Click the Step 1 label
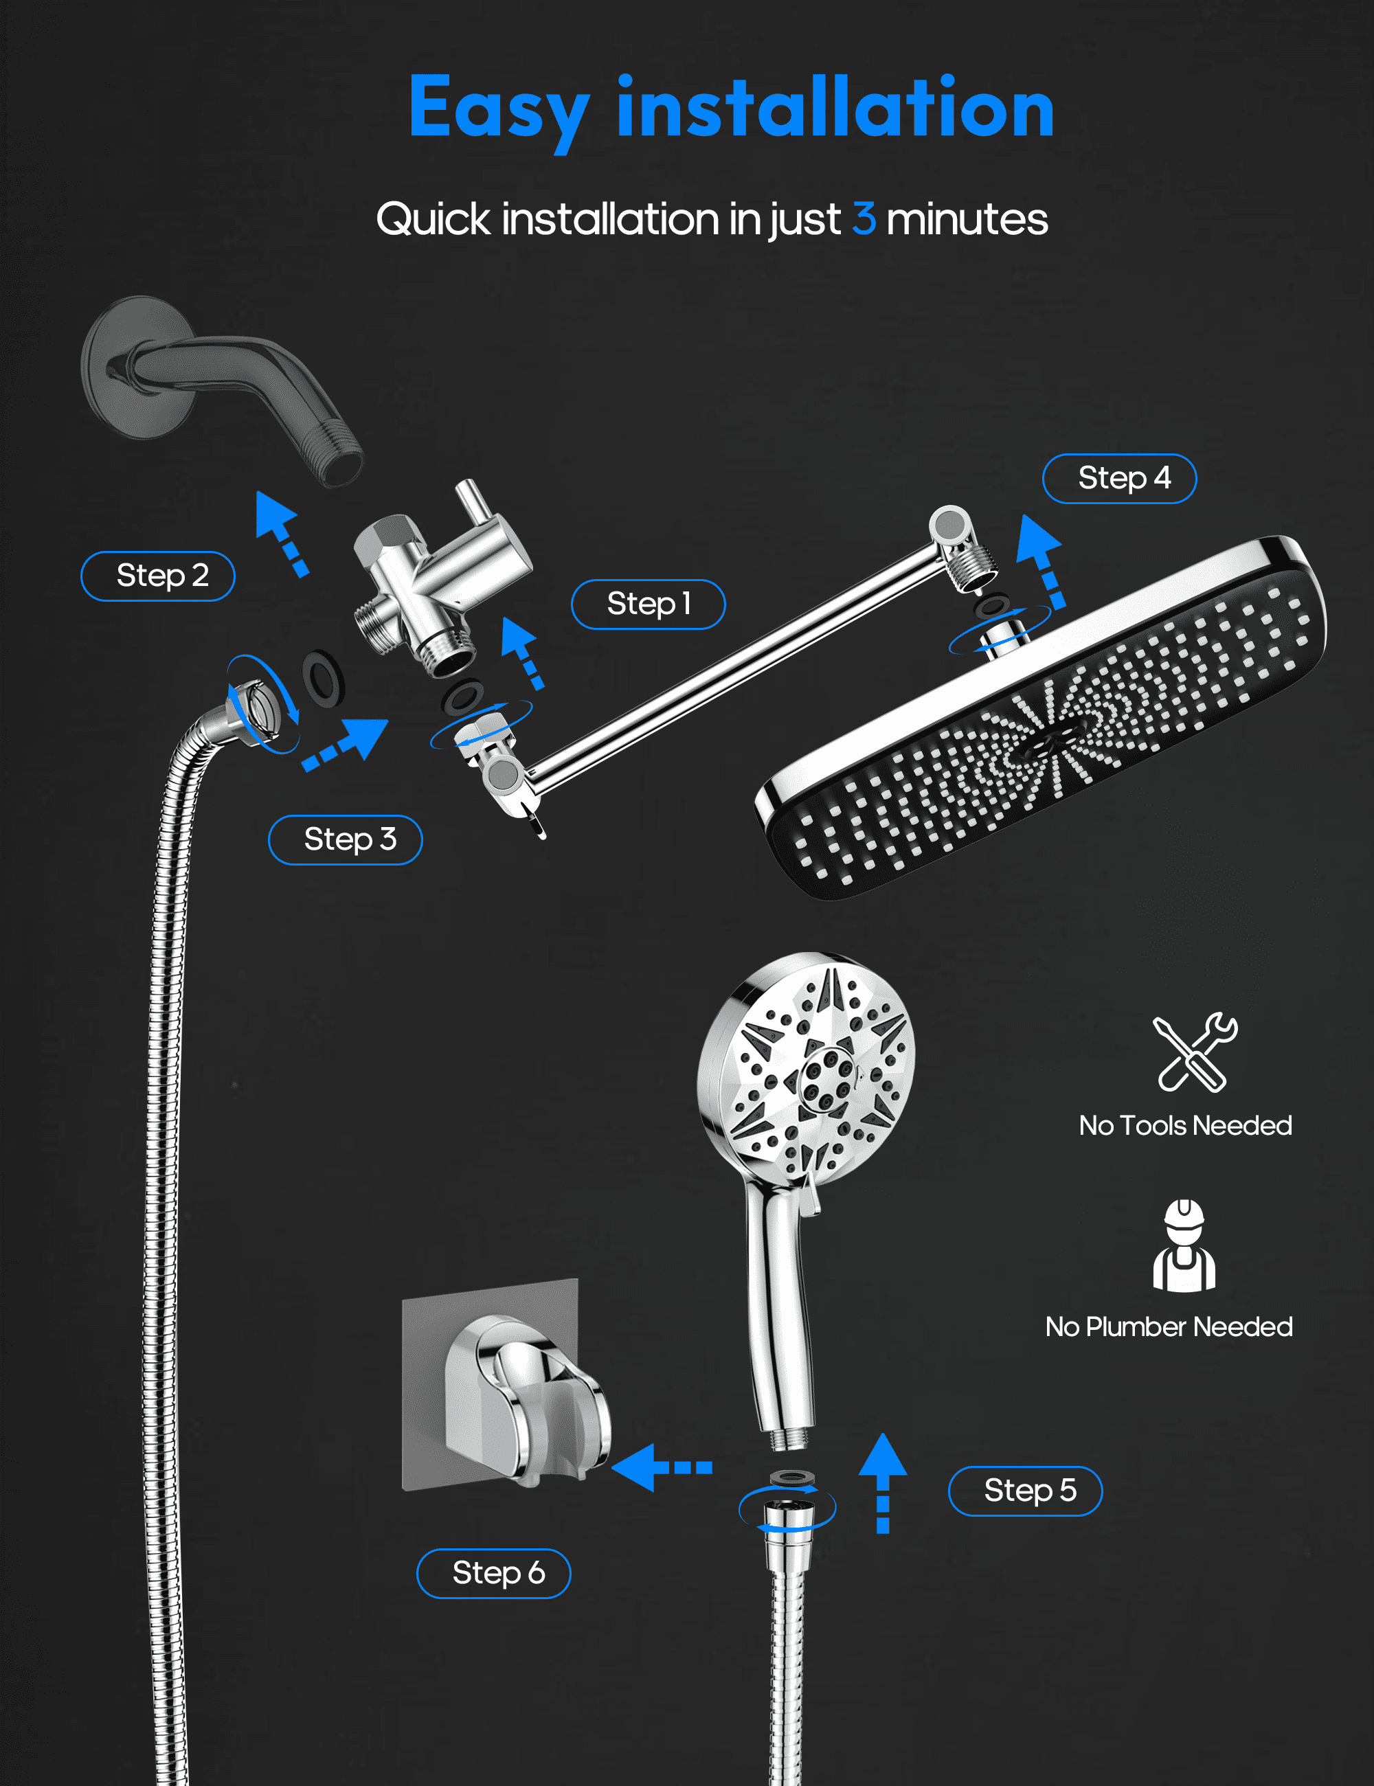(648, 604)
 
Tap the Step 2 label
(158, 576)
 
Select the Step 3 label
(345, 840)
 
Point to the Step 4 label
(1120, 478)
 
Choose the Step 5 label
(1026, 1491)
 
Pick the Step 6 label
(494, 1573)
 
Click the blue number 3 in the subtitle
(864, 219)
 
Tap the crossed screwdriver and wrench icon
(1195, 1052)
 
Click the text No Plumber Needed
(1169, 1326)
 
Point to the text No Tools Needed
(1185, 1125)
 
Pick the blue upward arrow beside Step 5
(883, 1482)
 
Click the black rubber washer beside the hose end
(324, 678)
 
